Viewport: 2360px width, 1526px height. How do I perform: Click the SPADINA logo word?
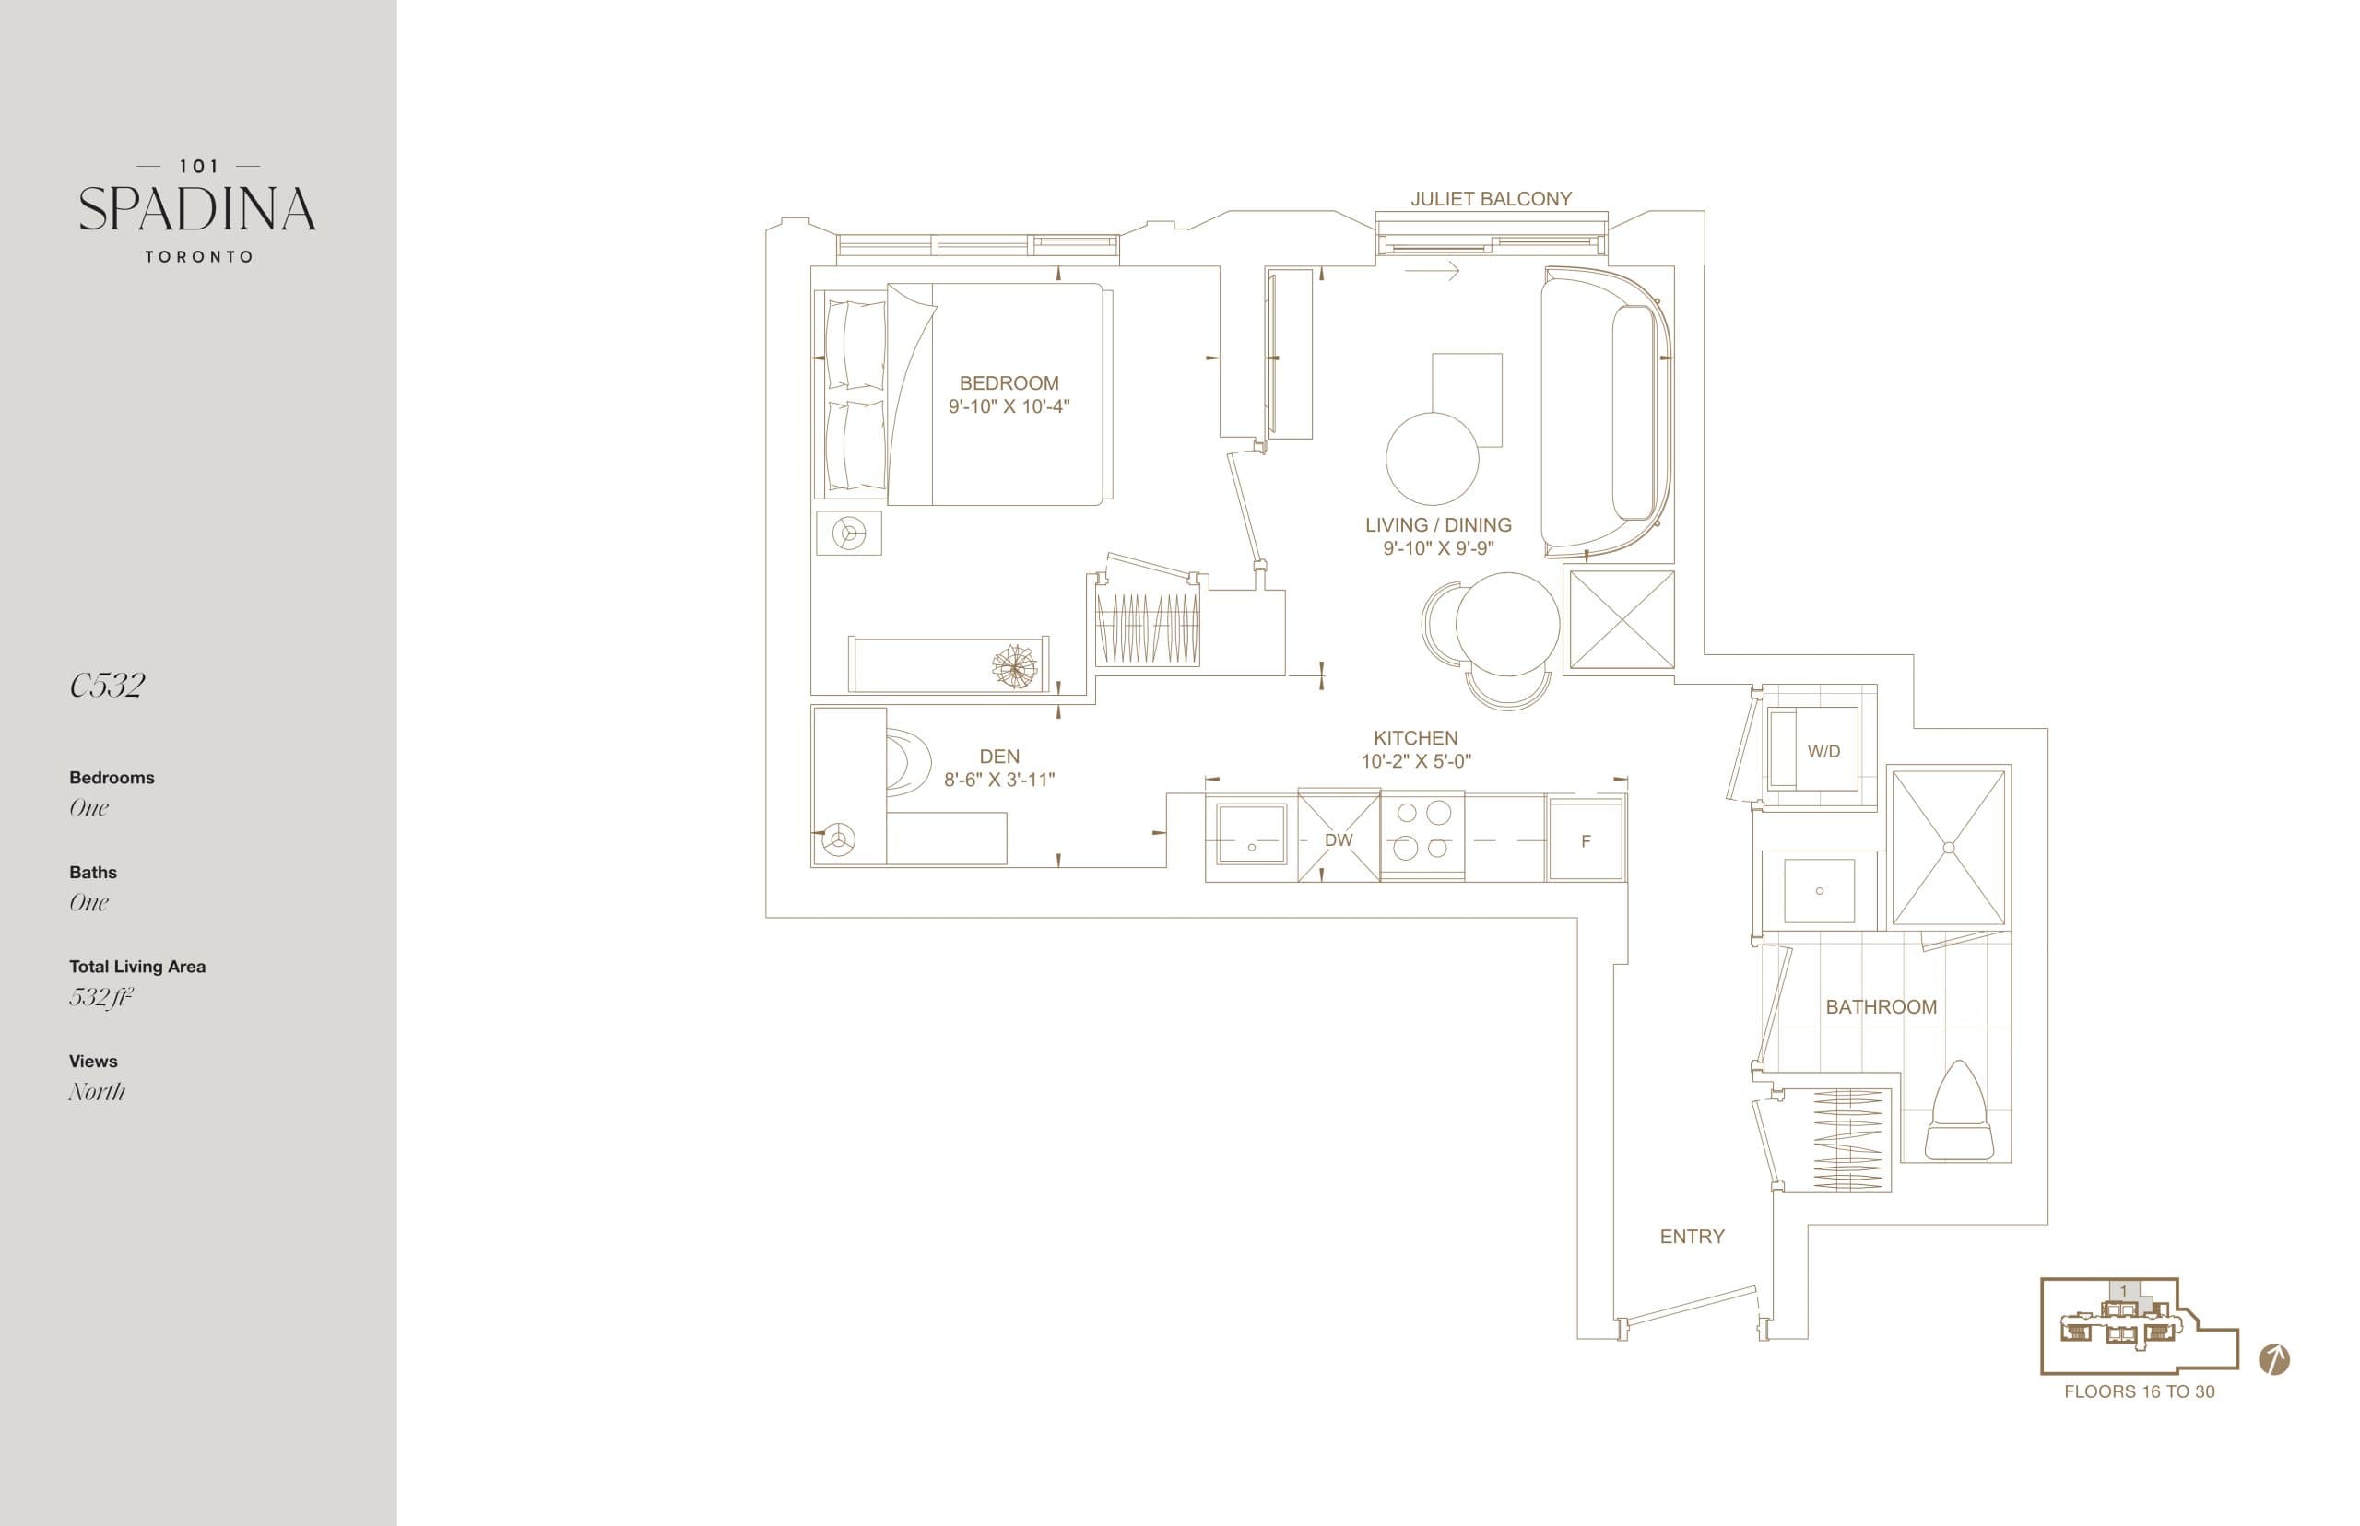pyautogui.click(x=197, y=209)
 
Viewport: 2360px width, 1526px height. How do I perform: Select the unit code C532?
pyautogui.click(x=107, y=685)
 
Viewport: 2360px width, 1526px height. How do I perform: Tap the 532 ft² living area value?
pyautogui.click(x=100, y=997)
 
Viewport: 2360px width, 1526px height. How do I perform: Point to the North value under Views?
pyautogui.click(x=97, y=1091)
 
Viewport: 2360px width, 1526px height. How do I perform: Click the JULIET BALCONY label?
pyautogui.click(x=1490, y=198)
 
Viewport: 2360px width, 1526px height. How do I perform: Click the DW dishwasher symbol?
pyautogui.click(x=1338, y=839)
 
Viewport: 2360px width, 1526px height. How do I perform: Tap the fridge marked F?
pyautogui.click(x=1585, y=840)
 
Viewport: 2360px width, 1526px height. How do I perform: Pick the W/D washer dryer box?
pyautogui.click(x=1822, y=750)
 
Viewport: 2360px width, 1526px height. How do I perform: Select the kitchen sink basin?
pyautogui.click(x=1251, y=837)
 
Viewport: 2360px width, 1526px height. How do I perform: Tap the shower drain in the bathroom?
pyautogui.click(x=1948, y=847)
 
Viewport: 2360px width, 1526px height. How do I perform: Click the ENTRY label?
pyautogui.click(x=1691, y=1236)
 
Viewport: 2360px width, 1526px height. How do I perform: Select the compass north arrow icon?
pyautogui.click(x=2273, y=1359)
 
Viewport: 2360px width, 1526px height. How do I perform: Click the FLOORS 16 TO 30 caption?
pyautogui.click(x=2138, y=1391)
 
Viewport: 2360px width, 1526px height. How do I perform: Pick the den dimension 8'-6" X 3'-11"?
pyautogui.click(x=998, y=780)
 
